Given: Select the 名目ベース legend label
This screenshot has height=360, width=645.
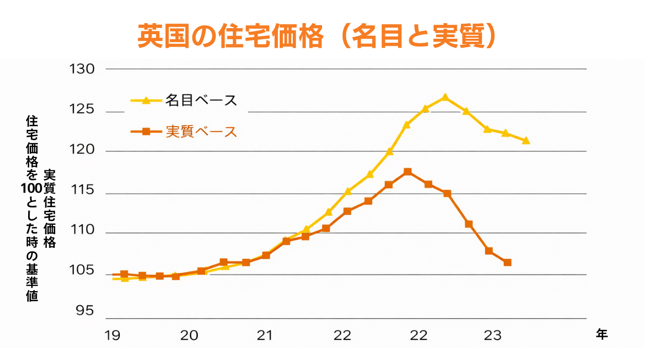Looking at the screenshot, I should coord(201,100).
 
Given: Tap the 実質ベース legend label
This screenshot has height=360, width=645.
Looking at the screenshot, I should coord(201,132).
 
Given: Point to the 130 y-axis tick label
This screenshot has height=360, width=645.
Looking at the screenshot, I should coord(82,69).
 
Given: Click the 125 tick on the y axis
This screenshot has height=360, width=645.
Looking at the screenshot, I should coord(82,109).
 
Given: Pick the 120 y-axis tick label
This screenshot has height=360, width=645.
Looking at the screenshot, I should coord(82,150).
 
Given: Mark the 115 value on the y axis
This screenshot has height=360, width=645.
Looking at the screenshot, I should coord(82,191).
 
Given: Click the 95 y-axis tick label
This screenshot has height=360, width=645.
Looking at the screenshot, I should coord(85,311).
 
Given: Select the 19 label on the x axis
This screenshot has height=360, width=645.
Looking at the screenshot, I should coord(113,335).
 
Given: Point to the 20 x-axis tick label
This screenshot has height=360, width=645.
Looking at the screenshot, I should coord(189,335).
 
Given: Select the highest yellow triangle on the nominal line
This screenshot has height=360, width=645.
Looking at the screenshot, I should coord(445,97).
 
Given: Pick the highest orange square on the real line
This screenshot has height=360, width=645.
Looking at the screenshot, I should coord(408,172).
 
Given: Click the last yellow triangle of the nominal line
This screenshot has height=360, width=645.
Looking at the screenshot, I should coord(526,140).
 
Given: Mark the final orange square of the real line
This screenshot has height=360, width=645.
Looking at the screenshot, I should coord(507,262).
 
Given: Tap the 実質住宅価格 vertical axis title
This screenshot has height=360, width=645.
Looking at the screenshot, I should coord(49,209).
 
